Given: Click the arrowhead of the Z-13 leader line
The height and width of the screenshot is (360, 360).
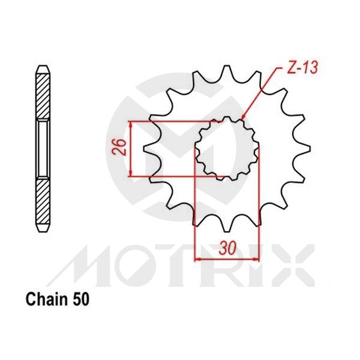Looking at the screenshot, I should [x=243, y=118].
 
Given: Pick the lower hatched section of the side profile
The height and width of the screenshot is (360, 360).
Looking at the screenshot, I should [x=43, y=204].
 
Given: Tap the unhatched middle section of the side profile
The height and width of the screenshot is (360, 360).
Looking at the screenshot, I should [x=43, y=149].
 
